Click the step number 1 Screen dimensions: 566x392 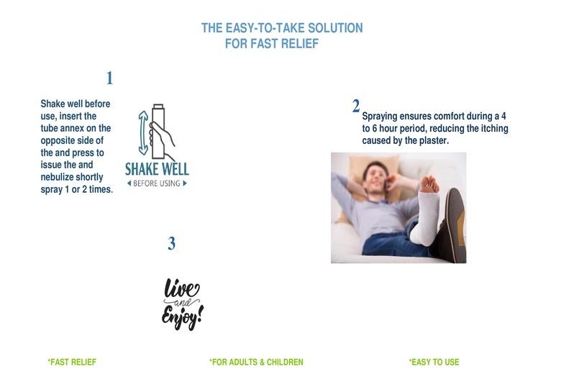click(110, 78)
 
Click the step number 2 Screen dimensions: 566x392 click(356, 106)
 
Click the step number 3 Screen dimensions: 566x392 click(171, 243)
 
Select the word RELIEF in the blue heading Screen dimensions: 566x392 click(300, 44)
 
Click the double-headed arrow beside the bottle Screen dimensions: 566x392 click(143, 133)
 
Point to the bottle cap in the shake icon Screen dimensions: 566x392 click(158, 106)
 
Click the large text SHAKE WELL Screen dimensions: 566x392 click(157, 169)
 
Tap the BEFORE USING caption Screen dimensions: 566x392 click(157, 183)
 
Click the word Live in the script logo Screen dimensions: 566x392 click(181, 288)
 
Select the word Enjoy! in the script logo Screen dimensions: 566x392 click(182, 317)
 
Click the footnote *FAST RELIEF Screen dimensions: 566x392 click(72, 362)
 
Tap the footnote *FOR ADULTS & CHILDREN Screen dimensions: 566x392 click(256, 362)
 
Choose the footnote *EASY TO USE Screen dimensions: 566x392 click(434, 362)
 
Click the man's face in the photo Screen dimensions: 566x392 click(375, 178)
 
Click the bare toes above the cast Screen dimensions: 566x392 click(429, 183)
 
